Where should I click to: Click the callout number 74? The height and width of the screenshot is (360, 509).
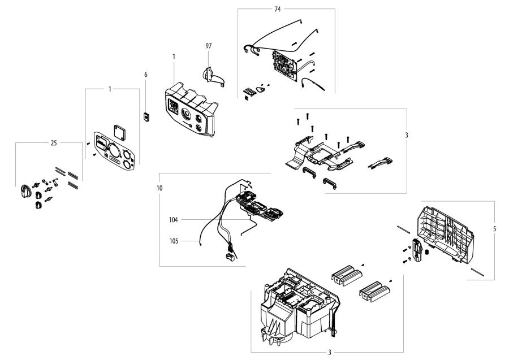tap(277, 9)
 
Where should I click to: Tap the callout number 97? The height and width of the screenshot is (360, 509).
tap(209, 45)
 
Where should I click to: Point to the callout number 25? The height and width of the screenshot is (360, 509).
tap(54, 144)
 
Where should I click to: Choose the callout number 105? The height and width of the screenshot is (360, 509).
tap(173, 241)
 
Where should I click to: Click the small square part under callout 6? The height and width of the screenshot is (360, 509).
tap(145, 117)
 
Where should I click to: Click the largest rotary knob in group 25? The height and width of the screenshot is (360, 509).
tap(25, 190)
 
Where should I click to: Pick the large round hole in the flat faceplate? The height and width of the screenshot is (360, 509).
tap(112, 151)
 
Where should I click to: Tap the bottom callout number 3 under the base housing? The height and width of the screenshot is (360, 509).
tap(330, 352)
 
